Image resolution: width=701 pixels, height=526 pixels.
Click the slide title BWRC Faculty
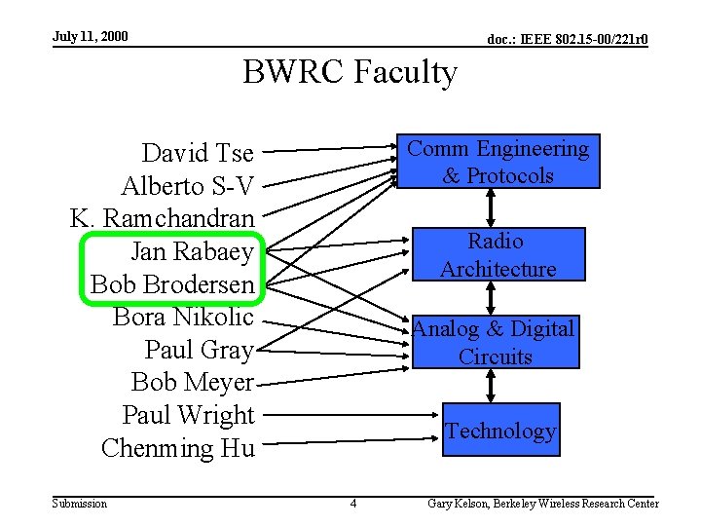[x=350, y=73]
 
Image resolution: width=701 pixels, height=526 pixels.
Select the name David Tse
[x=198, y=154]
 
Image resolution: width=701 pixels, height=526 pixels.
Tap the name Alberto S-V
[x=187, y=186]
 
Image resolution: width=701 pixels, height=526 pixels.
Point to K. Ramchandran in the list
[x=162, y=219]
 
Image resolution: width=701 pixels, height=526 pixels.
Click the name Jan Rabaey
[x=192, y=252]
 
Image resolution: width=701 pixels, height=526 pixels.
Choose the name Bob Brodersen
[x=172, y=285]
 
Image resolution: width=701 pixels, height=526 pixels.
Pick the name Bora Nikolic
[x=183, y=318]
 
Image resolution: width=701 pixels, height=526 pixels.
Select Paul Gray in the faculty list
[x=199, y=350]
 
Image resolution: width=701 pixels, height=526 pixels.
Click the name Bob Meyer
[x=192, y=382]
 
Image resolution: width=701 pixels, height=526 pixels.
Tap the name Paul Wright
[x=188, y=415]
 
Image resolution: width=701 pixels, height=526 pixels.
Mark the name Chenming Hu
[x=177, y=448]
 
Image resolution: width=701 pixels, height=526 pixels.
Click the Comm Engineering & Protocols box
[x=498, y=162]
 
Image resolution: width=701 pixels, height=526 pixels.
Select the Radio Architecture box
[x=497, y=255]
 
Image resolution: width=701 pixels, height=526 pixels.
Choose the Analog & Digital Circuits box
[x=495, y=342]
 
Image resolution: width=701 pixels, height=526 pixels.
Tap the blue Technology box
[x=500, y=431]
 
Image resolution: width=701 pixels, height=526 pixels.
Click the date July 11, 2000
[x=90, y=37]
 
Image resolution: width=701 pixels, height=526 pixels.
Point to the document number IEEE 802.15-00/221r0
[x=568, y=40]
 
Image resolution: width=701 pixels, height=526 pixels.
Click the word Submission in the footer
[x=80, y=504]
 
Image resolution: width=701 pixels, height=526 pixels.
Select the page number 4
[x=352, y=504]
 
